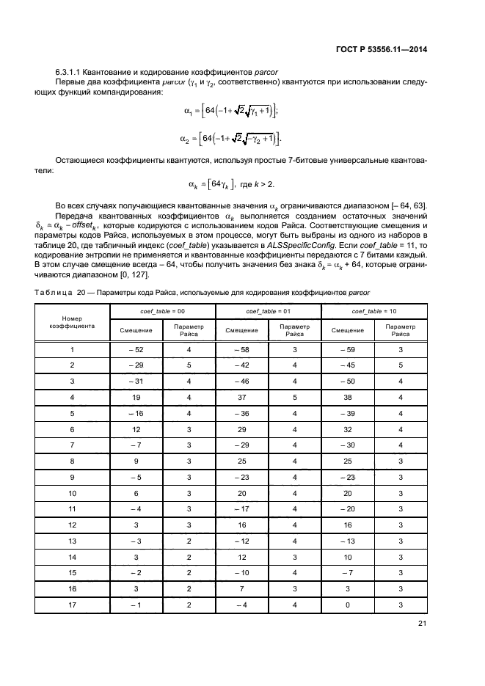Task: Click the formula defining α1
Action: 230,111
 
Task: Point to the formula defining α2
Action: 230,139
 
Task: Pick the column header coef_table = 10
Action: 375,311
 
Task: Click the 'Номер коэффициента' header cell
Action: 72,322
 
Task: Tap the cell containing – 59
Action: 349,350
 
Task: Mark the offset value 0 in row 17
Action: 349,604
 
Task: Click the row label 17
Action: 72,604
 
